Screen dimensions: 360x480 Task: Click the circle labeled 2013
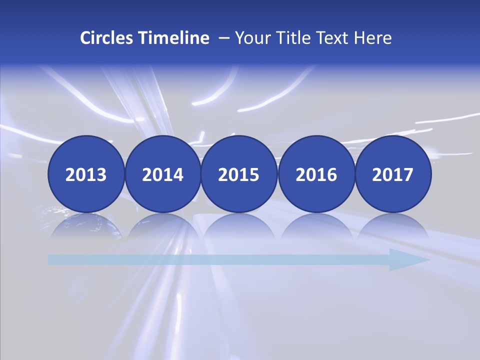click(x=86, y=174)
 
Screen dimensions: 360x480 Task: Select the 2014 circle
click(x=162, y=174)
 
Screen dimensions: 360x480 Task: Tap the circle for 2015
click(x=239, y=174)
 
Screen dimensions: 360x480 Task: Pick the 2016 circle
click(x=316, y=174)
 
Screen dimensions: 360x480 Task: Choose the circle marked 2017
click(x=393, y=174)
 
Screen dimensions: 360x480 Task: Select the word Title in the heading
click(x=287, y=38)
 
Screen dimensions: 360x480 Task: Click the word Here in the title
click(x=373, y=38)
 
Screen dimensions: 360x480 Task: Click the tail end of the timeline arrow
click(x=52, y=260)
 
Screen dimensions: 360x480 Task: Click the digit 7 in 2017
click(x=408, y=174)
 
